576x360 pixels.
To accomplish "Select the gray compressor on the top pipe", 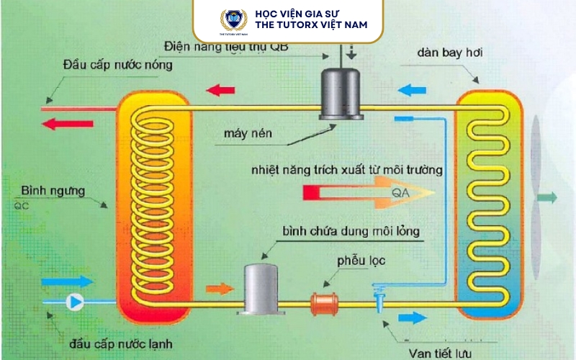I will (341, 93).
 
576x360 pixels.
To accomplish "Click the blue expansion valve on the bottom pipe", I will (379, 296).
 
